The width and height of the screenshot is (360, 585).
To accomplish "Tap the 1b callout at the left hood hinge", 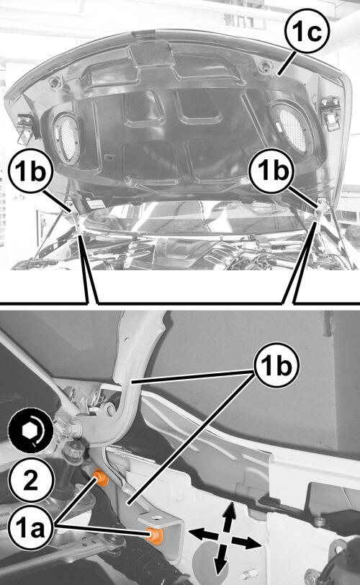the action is [x=30, y=171].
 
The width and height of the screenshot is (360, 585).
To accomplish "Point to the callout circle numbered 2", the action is [x=30, y=480].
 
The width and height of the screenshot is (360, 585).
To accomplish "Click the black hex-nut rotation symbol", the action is [x=31, y=431].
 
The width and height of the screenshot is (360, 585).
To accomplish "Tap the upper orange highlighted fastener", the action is [x=101, y=478].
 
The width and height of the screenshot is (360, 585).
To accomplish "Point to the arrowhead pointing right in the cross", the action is [x=253, y=544].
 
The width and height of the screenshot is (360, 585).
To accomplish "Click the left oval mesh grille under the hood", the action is [x=68, y=138].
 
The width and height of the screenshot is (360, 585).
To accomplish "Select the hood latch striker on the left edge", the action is [x=27, y=127].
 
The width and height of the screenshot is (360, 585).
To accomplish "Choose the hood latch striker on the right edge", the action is [x=330, y=113].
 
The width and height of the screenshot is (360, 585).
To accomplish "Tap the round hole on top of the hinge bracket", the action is [x=156, y=518].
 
